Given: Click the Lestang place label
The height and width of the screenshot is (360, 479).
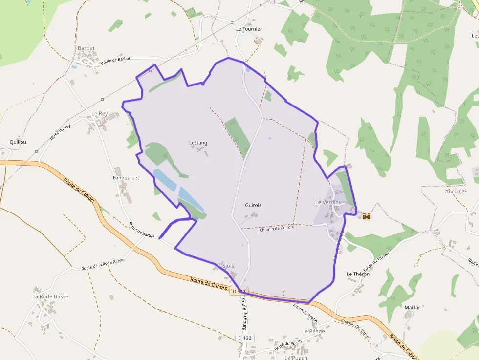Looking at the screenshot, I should (198, 143).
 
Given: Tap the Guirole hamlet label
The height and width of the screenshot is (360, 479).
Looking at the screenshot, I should (253, 205).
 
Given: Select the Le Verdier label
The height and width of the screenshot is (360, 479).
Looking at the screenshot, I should (327, 202).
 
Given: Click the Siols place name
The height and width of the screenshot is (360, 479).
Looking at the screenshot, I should (228, 266).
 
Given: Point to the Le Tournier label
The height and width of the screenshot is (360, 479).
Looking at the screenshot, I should (249, 29).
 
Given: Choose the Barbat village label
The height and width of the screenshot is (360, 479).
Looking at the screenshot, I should (86, 48).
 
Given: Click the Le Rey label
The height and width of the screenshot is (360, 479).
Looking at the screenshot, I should (99, 114).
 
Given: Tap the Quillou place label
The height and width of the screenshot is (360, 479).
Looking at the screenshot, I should (18, 142).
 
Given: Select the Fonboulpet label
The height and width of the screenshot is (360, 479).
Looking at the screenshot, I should (126, 178).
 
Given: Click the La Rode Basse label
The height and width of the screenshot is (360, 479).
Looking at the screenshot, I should (50, 296).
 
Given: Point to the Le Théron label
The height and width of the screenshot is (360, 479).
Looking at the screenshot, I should (358, 274).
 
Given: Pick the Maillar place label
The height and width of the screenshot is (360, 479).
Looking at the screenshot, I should (412, 307).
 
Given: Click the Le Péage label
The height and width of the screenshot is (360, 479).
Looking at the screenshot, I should (313, 331).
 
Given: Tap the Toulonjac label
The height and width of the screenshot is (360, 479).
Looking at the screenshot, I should (456, 191).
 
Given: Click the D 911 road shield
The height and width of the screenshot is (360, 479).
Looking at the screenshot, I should (239, 291).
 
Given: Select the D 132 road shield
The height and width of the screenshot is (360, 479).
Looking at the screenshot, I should (246, 338).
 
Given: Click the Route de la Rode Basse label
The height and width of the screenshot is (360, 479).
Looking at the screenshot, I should (102, 264).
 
